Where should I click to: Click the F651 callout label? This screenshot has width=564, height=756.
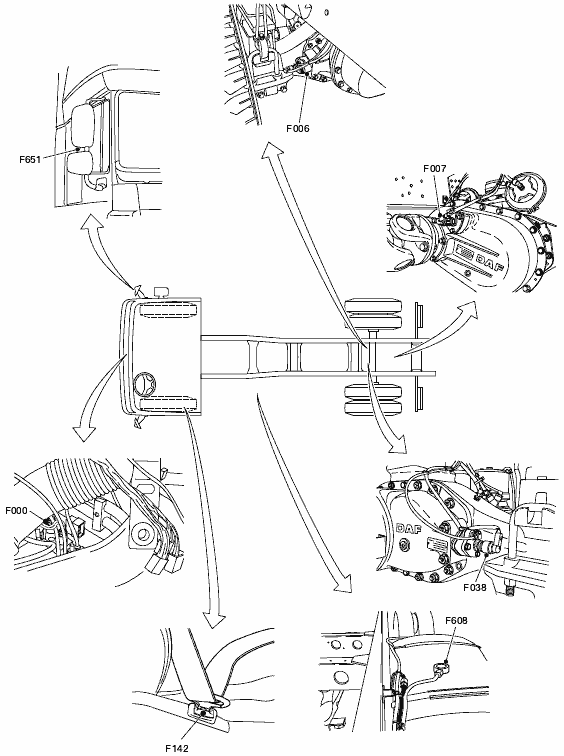click(30, 160)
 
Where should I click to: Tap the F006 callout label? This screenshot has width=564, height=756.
click(297, 128)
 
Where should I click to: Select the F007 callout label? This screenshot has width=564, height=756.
click(435, 168)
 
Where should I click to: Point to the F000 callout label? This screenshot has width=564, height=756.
click(16, 511)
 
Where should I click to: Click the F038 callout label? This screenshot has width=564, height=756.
click(475, 587)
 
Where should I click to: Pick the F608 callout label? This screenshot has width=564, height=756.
click(456, 621)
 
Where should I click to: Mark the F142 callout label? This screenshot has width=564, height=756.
click(177, 748)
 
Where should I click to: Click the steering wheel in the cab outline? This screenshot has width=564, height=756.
click(146, 383)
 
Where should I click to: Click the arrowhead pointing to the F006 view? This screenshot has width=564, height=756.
click(271, 151)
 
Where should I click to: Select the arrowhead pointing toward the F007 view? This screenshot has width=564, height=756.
click(467, 311)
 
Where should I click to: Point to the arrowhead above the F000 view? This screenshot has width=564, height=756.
click(83, 431)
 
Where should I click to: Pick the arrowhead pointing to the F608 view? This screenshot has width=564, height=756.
click(344, 583)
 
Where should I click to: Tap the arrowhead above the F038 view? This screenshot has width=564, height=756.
click(398, 445)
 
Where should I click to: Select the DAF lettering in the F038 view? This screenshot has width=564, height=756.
click(408, 529)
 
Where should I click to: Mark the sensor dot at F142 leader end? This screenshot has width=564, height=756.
click(203, 713)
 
